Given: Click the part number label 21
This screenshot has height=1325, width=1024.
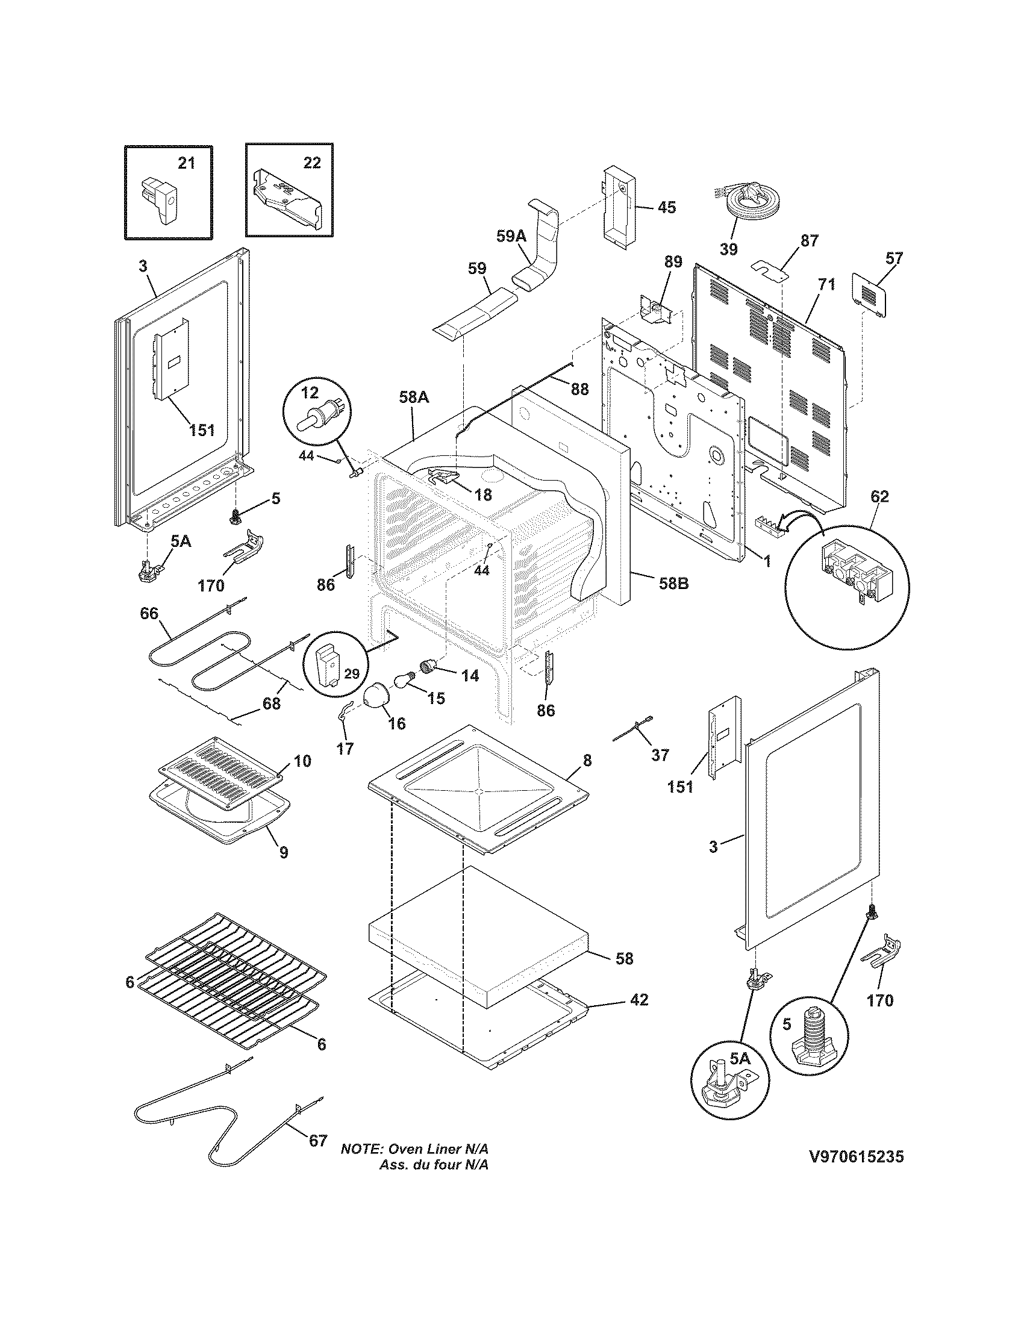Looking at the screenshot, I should tap(186, 163).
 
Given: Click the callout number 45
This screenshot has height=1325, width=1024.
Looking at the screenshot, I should tap(666, 208).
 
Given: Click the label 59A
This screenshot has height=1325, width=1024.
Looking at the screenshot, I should tap(511, 236).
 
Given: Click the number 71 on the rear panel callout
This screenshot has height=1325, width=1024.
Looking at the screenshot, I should tap(826, 283).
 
